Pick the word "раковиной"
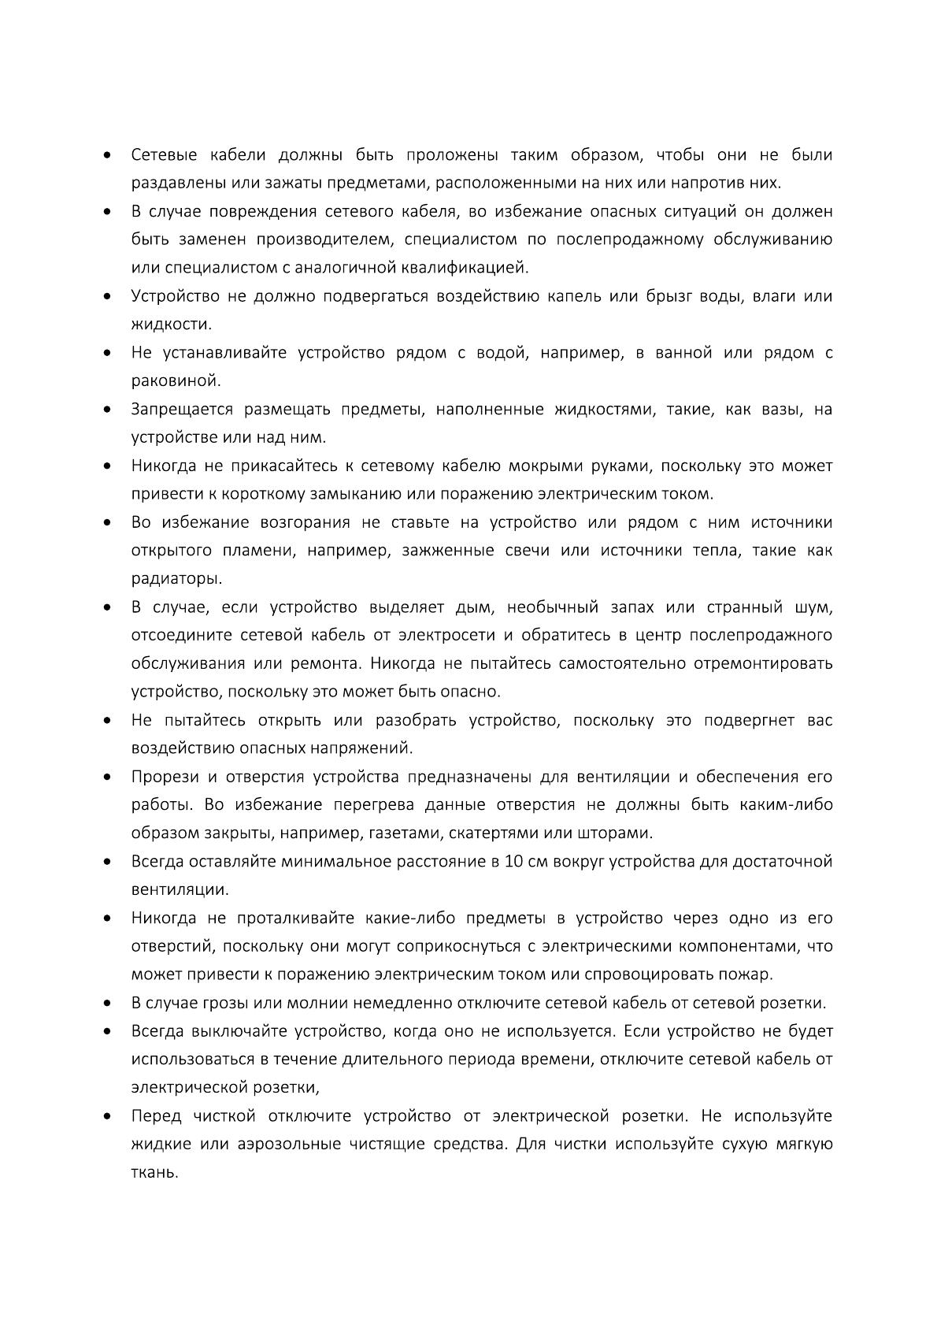tap(175, 381)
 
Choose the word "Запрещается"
tap(182, 410)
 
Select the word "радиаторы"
tap(176, 579)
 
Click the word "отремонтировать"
tap(762, 663)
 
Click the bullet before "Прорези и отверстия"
tap(106, 778)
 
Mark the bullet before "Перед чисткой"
tap(106, 1116)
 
